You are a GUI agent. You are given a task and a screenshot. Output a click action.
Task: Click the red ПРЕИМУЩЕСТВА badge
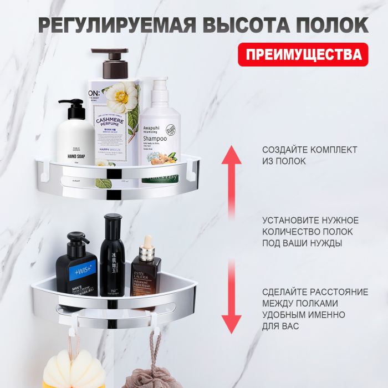303,54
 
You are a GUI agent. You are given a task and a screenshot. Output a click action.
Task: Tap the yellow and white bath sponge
74,371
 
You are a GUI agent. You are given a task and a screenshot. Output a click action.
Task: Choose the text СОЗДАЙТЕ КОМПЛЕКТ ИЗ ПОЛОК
309,156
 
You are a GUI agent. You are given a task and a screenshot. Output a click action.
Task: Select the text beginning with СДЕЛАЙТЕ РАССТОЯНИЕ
314,309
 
